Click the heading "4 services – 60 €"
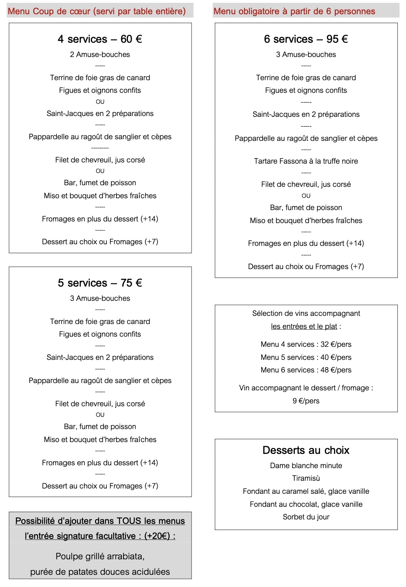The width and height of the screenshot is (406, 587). [x=100, y=39]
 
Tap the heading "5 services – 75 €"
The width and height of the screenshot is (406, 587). [x=100, y=283]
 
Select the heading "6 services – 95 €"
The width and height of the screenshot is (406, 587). [x=306, y=39]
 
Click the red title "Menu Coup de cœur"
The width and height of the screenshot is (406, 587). [x=97, y=11]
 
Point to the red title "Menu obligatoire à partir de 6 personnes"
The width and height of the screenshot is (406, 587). [x=294, y=11]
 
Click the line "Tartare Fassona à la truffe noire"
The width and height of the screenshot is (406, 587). [x=306, y=161]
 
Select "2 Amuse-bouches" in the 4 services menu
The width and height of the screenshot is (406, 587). [x=100, y=55]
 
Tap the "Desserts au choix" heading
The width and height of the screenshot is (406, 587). [x=306, y=450]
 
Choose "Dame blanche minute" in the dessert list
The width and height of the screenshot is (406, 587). [x=306, y=466]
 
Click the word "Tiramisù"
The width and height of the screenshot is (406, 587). [x=306, y=478]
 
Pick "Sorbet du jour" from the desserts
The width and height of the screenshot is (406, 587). [x=306, y=517]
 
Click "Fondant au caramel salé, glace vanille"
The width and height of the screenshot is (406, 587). [x=306, y=491]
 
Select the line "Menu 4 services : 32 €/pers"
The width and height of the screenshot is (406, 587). [x=306, y=344]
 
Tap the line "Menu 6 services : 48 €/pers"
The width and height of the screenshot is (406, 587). [x=306, y=370]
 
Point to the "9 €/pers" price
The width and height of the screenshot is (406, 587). [x=306, y=401]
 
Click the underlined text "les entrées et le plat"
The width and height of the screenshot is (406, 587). [x=304, y=326]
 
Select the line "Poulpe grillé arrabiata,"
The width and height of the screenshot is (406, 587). [x=100, y=556]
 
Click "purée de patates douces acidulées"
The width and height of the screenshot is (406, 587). [x=100, y=572]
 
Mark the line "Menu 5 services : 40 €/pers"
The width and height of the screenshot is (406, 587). [x=306, y=357]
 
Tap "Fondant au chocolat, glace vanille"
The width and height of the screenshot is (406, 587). [x=306, y=504]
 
